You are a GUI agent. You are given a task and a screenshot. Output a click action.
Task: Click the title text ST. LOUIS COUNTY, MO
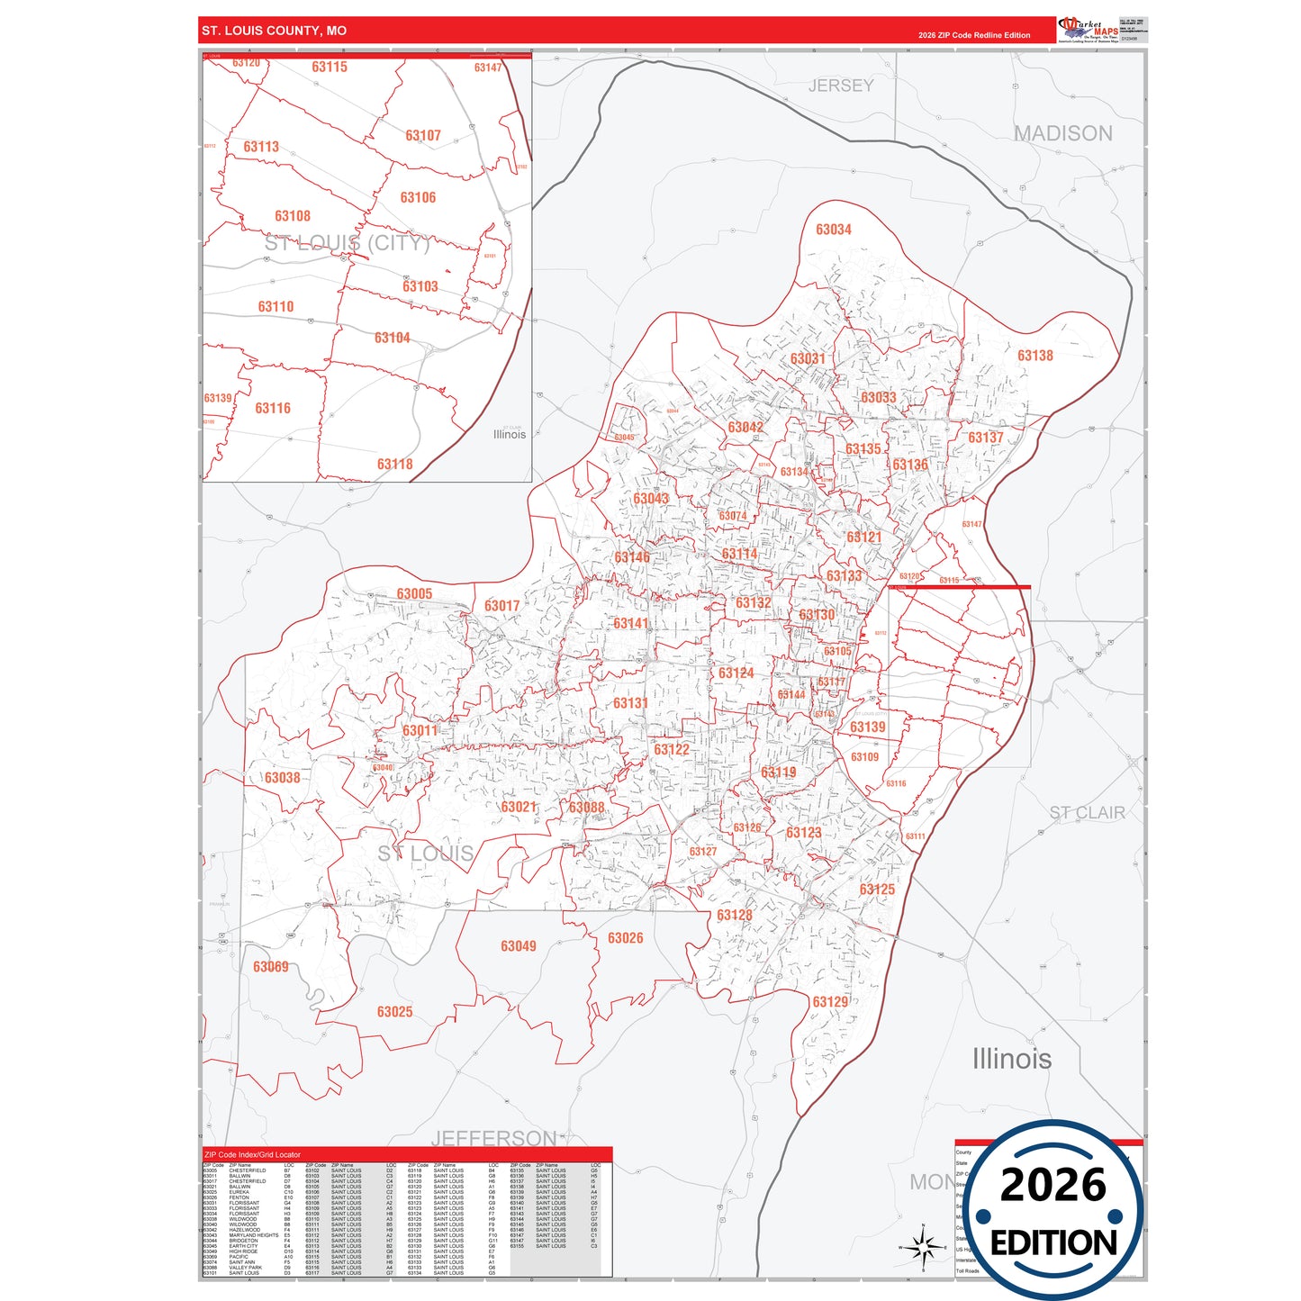point(274,31)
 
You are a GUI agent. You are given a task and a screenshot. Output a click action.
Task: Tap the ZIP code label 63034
point(833,230)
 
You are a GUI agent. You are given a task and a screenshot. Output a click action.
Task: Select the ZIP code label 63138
point(1034,356)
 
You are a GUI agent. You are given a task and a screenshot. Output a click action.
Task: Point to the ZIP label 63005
point(414,594)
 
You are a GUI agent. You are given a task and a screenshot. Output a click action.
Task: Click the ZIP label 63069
point(270,967)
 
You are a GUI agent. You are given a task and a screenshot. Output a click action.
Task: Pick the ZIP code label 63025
point(394,1012)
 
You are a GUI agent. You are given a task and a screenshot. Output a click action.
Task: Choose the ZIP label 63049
point(518,946)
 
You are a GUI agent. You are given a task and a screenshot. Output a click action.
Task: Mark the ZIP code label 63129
point(830,1002)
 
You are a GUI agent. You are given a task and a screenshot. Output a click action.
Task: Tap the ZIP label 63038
point(282,778)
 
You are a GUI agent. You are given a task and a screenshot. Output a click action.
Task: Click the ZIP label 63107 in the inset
point(422,136)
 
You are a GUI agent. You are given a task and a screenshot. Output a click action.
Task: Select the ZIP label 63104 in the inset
point(392,339)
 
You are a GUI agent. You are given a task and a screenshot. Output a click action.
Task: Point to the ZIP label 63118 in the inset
point(394,465)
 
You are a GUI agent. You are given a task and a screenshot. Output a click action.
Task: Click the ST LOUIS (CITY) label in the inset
point(347,243)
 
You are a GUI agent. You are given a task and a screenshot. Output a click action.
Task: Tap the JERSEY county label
point(841,86)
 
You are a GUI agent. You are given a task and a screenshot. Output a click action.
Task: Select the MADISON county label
point(1062,133)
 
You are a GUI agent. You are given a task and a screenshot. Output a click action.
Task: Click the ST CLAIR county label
point(1087,813)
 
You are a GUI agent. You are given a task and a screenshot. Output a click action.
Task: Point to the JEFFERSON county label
point(493,1138)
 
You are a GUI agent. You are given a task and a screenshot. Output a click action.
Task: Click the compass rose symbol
point(923,1248)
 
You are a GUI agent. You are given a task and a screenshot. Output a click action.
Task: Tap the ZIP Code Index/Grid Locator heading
point(252,1154)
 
